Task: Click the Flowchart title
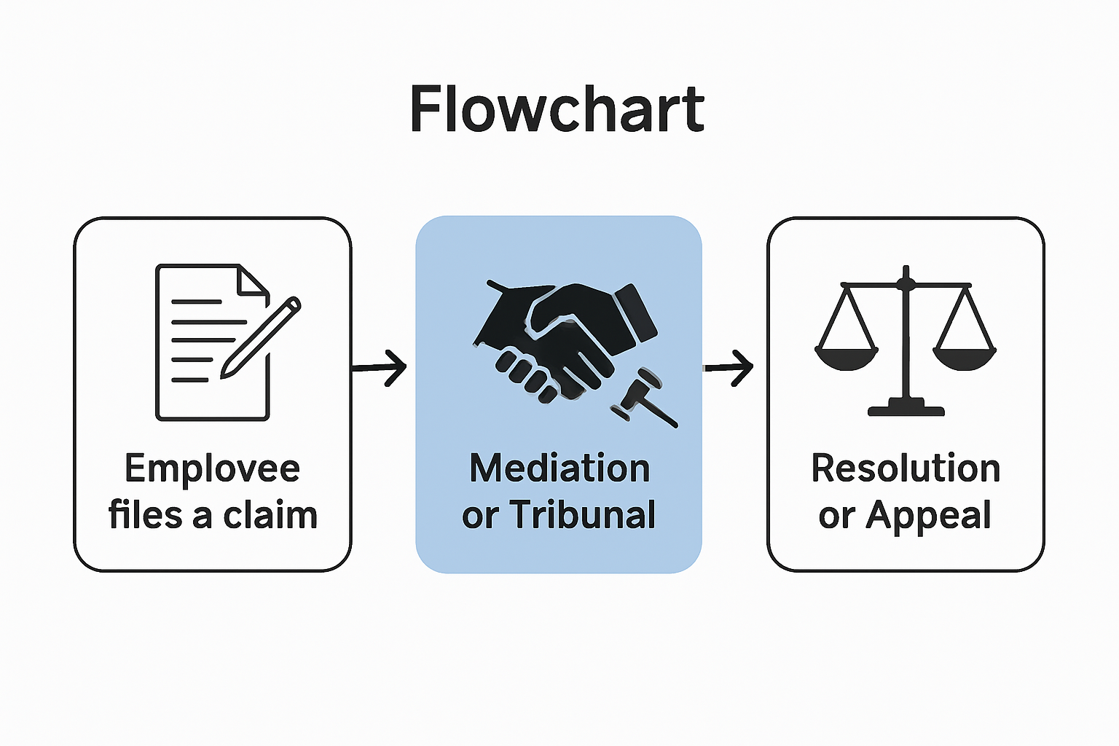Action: pyautogui.click(x=557, y=109)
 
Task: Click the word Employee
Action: pyautogui.click(x=212, y=468)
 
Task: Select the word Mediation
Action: pyautogui.click(x=559, y=468)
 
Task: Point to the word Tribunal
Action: pyautogui.click(x=582, y=515)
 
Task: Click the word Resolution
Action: pyautogui.click(x=906, y=468)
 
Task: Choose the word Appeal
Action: pyautogui.click(x=928, y=515)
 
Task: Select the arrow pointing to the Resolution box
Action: pyautogui.click(x=729, y=368)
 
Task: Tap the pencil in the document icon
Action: pyautogui.click(x=261, y=337)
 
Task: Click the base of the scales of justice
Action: pyautogui.click(x=906, y=407)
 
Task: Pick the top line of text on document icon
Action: pyautogui.click(x=196, y=302)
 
